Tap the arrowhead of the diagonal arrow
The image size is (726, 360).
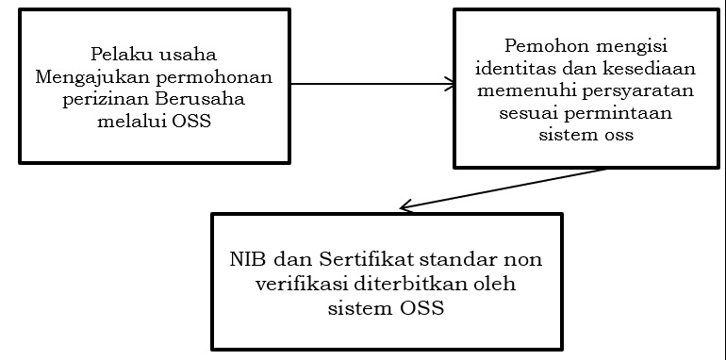[404, 206]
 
